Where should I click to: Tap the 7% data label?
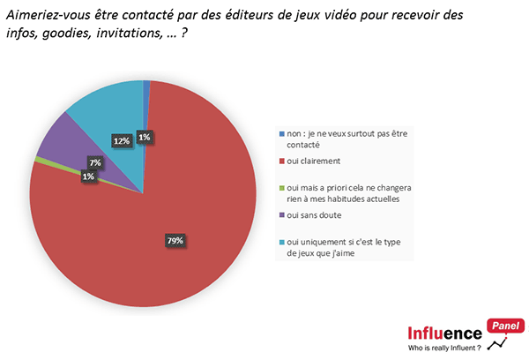pos(94,162)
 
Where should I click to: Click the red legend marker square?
pos(281,161)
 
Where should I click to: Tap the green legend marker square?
pos(281,188)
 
